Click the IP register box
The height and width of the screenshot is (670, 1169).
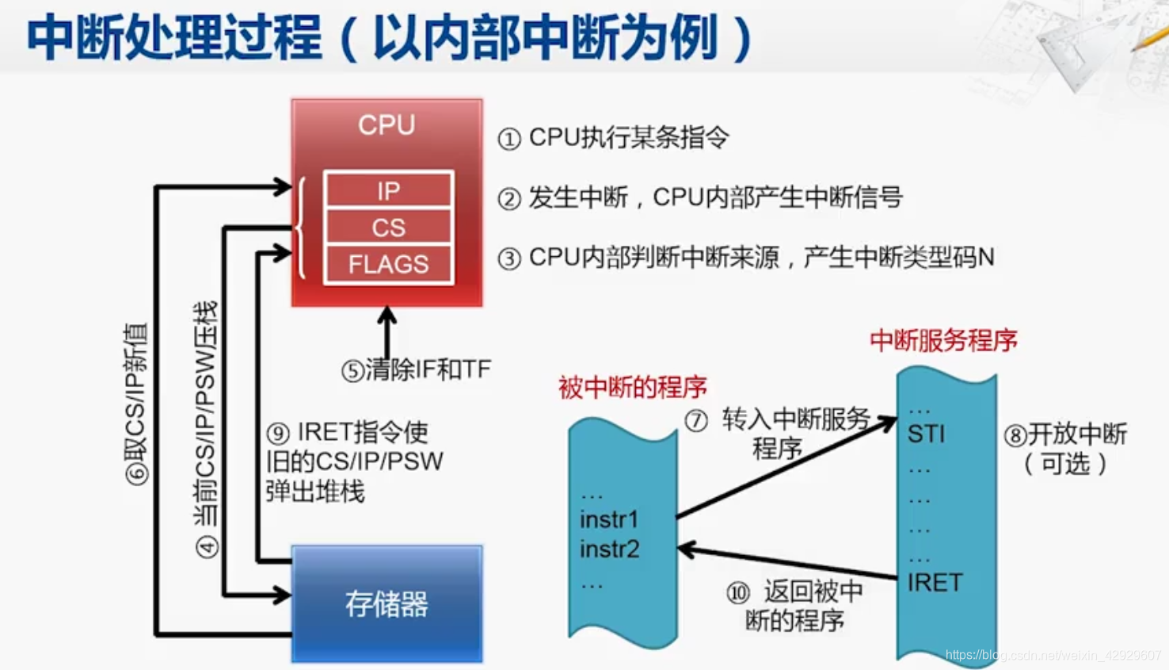[x=388, y=191]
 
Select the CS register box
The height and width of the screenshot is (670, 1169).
[x=388, y=228]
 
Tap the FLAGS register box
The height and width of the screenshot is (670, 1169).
[x=388, y=264]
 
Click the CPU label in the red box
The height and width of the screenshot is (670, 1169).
[x=386, y=125]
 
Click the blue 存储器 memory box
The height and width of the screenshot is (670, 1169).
[x=386, y=604]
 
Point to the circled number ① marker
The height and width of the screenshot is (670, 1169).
[x=509, y=140]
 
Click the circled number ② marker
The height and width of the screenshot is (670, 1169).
[x=509, y=199]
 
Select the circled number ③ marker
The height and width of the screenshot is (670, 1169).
[x=509, y=258]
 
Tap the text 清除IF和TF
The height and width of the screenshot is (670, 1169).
[x=428, y=369]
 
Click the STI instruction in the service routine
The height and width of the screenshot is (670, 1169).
[x=926, y=434]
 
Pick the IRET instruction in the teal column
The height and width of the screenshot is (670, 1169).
[x=935, y=583]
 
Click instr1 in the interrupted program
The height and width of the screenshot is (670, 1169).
[x=609, y=519]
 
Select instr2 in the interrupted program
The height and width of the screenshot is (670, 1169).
[x=609, y=549]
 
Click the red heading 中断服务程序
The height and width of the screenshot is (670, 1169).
[x=943, y=341]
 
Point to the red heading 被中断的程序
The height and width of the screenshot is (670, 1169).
[x=632, y=388]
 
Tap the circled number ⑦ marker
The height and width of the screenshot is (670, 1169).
[x=696, y=420]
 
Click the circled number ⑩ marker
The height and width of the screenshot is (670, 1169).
[x=738, y=593]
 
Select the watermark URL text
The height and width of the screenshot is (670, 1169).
[x=1053, y=655]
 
